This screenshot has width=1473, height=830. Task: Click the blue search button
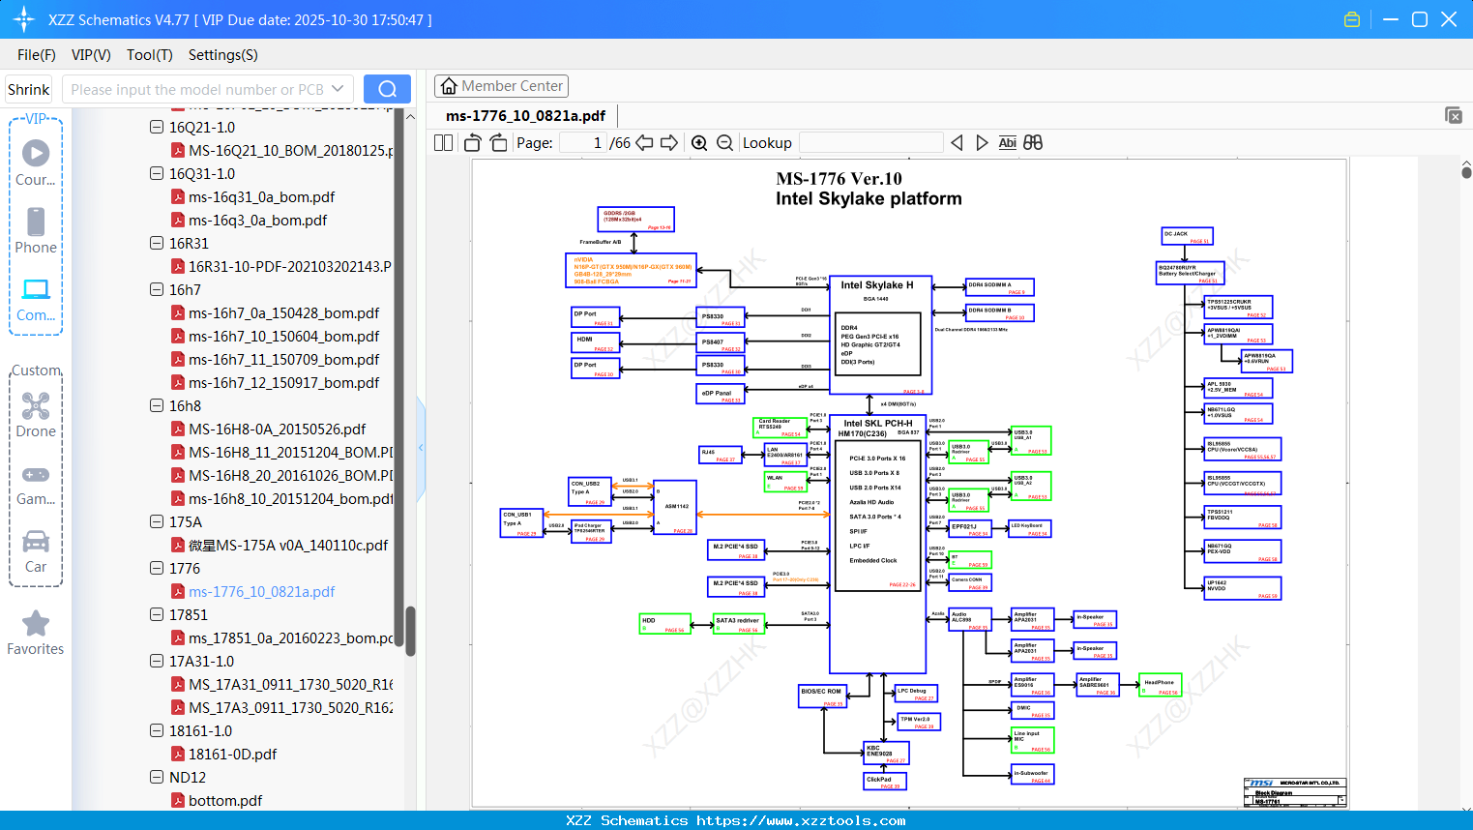(387, 89)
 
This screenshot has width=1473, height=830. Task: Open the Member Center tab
(501, 86)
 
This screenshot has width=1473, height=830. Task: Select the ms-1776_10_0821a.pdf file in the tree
(261, 592)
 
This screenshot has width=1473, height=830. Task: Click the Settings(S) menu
(222, 55)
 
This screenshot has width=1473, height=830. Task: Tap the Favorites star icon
(36, 624)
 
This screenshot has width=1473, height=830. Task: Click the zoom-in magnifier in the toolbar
(699, 143)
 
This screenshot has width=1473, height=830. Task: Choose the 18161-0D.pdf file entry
(232, 755)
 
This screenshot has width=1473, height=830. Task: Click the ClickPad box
(884, 781)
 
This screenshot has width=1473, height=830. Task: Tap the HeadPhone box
(1160, 685)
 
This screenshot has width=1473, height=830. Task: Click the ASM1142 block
(675, 507)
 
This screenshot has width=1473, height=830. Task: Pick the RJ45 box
(720, 455)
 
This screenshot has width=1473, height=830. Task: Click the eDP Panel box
(720, 395)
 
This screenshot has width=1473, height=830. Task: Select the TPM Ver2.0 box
(918, 721)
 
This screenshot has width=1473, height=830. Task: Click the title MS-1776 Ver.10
(839, 179)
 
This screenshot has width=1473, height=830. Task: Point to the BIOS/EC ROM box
(822, 696)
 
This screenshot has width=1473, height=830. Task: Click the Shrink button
(28, 90)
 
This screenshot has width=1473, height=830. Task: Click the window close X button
(1449, 19)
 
